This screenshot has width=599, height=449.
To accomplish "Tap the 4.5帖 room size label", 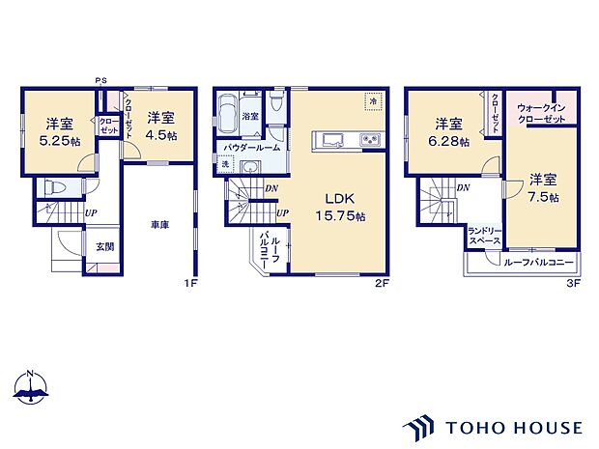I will click(x=161, y=135).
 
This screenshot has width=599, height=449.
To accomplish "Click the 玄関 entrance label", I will click(x=104, y=246).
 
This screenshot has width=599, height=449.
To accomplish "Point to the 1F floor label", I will click(x=190, y=284).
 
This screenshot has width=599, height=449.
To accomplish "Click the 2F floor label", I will click(x=382, y=284).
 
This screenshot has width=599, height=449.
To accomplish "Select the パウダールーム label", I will click(x=252, y=147).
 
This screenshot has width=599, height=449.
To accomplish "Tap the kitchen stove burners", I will click(x=370, y=142).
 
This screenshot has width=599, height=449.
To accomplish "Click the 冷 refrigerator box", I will click(x=371, y=100).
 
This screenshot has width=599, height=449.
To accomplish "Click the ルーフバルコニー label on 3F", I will click(x=537, y=262).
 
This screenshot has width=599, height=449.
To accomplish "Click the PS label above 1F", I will click(x=100, y=80).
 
